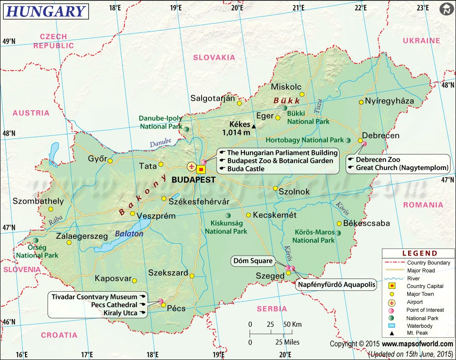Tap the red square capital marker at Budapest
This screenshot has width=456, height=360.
click(x=201, y=170)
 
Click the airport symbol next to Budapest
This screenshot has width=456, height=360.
click(x=191, y=166)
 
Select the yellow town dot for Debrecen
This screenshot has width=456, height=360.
click(x=360, y=141)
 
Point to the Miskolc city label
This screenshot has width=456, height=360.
click(x=286, y=87)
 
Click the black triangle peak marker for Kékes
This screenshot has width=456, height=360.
click(x=254, y=126)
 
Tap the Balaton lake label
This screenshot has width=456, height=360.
click(x=129, y=234)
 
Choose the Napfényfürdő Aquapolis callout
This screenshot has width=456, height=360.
click(x=337, y=285)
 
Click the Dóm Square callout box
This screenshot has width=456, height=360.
click(x=253, y=261)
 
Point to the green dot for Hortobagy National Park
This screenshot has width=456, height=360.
click(x=348, y=140)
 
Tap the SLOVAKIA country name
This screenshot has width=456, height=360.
click(x=214, y=57)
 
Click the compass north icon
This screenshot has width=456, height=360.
click(x=446, y=10)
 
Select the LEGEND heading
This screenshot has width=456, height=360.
click(x=419, y=253)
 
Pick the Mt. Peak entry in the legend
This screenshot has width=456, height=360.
click(x=419, y=334)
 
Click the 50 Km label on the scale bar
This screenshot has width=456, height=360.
click(x=292, y=324)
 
